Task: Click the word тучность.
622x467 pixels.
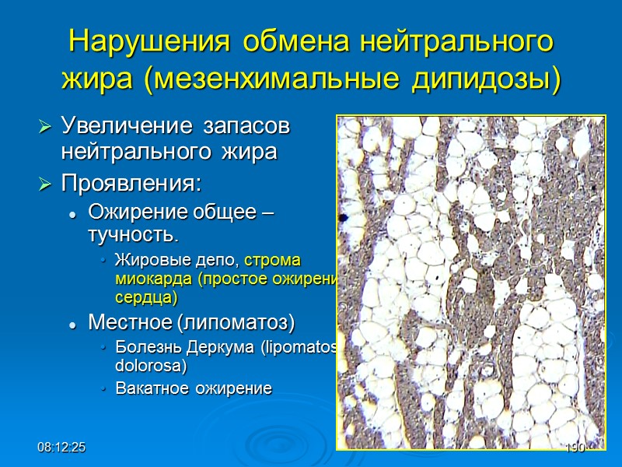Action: [133, 234]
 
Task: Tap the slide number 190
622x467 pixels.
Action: [575, 448]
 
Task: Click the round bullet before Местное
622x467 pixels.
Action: [72, 322]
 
